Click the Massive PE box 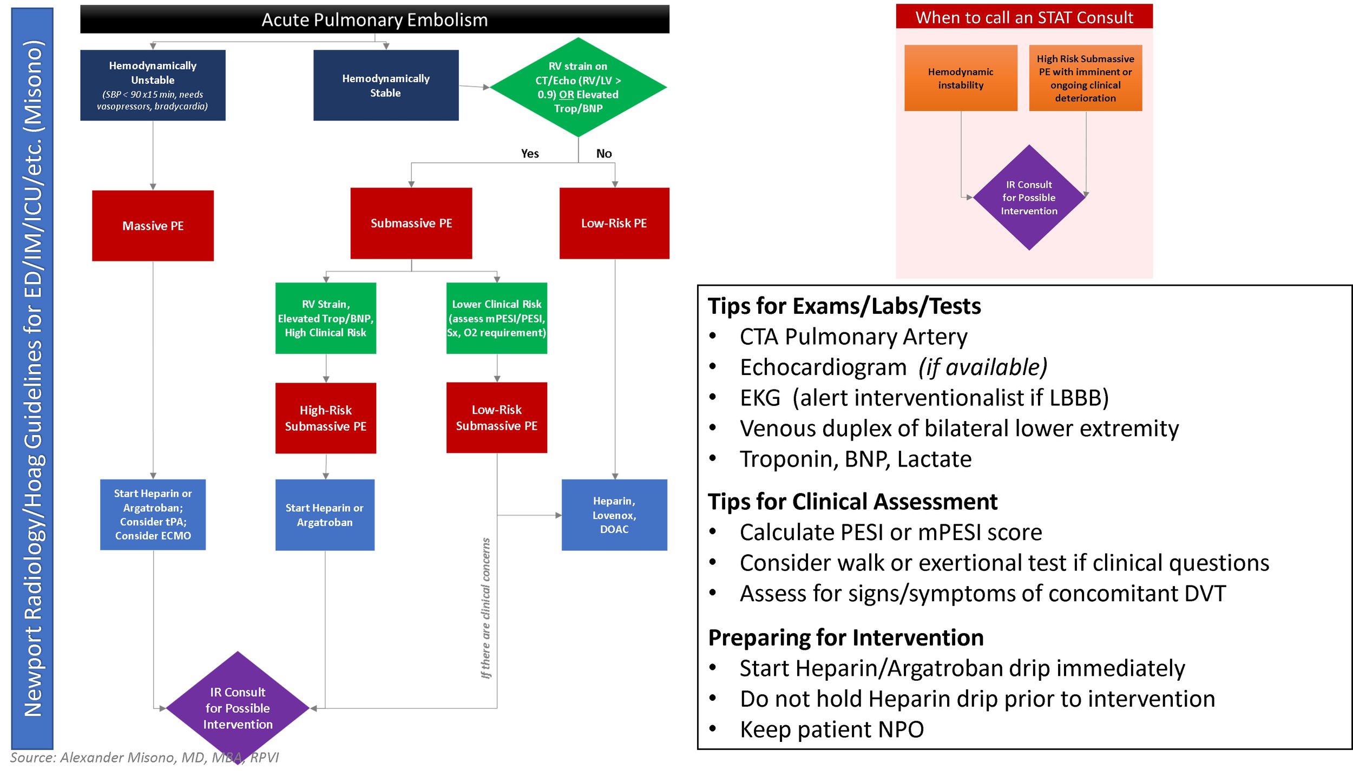pos(153,226)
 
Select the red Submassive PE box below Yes pos(411,223)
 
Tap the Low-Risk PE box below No pos(614,223)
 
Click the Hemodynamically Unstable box pos(153,85)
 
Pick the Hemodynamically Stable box pos(386,85)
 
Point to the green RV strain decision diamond pos(578,87)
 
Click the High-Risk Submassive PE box pos(326,418)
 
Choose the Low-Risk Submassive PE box pos(497,417)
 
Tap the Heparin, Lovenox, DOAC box pos(614,515)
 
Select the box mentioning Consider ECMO pos(153,514)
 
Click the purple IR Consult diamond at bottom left pos(238,707)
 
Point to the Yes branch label pos(530,154)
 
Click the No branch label pos(604,154)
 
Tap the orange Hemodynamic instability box pos(961,78)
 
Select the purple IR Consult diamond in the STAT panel pos(1029,198)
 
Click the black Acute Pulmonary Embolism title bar pos(375,19)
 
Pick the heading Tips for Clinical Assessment pos(852,502)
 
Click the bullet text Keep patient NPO pos(832,729)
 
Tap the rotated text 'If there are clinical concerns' pos(486,608)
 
